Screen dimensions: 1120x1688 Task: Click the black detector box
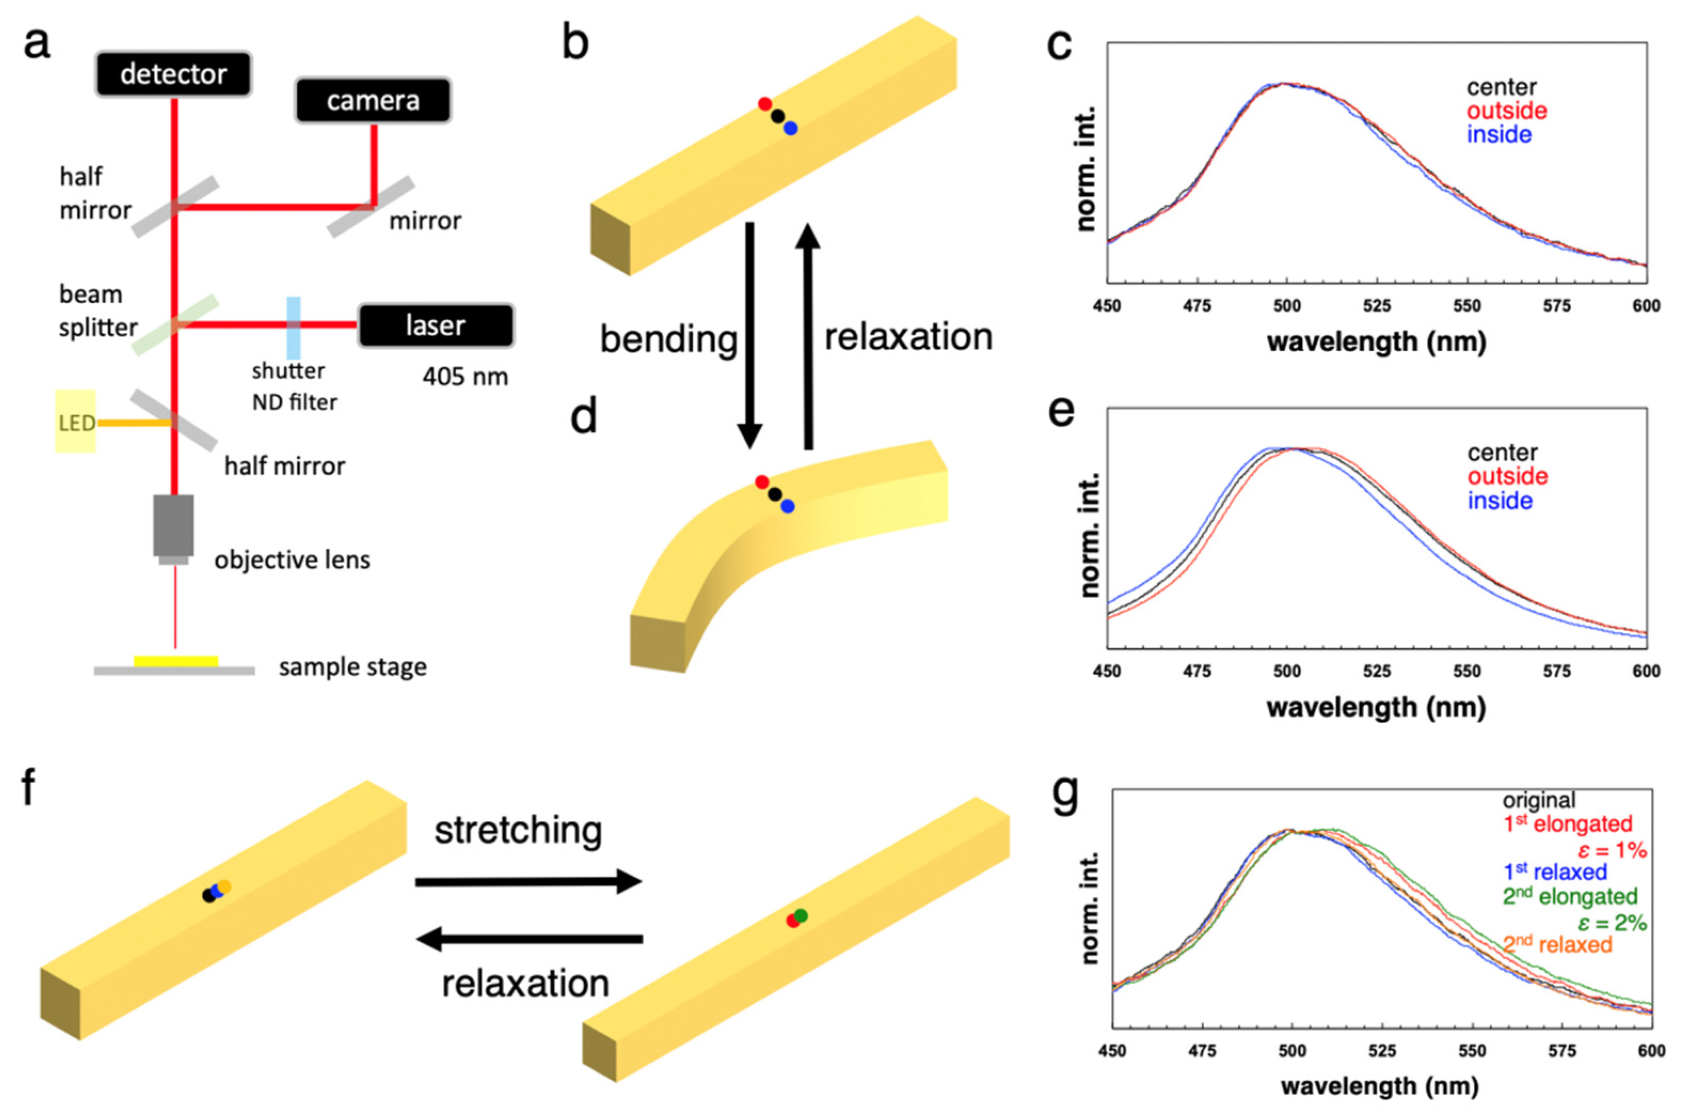point(173,74)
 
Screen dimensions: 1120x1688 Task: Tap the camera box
point(373,101)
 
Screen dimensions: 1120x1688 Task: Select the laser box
point(435,325)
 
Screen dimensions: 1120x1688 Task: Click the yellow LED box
point(75,422)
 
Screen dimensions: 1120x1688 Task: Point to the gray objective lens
point(173,527)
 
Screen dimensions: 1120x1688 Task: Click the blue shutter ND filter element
point(293,327)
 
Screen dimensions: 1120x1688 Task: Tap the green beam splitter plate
point(176,324)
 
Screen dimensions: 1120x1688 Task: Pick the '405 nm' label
point(465,376)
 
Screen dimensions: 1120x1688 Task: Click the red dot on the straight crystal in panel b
point(765,104)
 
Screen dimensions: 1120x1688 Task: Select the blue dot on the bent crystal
point(787,506)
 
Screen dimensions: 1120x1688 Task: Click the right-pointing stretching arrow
point(528,881)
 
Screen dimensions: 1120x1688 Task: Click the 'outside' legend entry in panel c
point(1507,110)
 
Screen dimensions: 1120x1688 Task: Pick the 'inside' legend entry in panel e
point(1500,501)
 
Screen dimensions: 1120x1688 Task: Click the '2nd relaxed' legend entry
point(1557,945)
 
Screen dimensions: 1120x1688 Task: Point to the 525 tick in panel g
point(1382,1051)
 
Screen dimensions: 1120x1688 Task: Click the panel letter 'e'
point(1061,411)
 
